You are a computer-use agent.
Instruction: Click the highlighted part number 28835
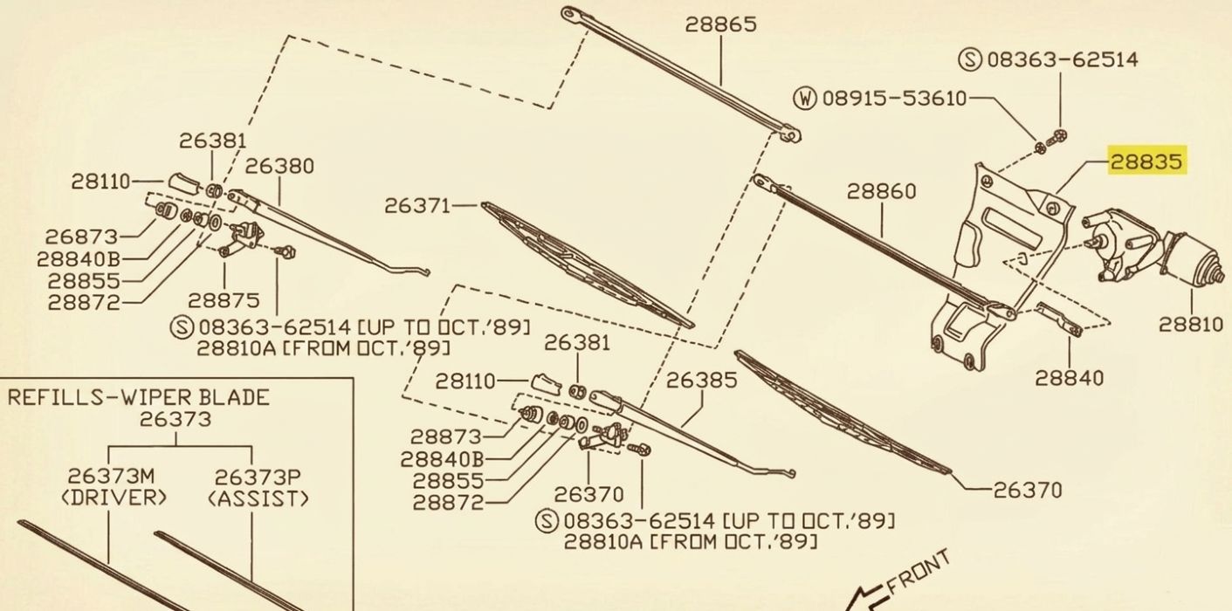point(1146,161)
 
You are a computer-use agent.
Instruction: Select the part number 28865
point(720,24)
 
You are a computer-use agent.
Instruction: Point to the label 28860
point(882,191)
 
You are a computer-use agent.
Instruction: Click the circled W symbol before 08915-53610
point(805,99)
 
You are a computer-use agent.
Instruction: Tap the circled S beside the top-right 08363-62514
point(970,59)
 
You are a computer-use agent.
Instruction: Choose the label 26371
point(417,206)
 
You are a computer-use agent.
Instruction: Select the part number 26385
point(701,380)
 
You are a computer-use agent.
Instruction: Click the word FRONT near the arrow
point(918,572)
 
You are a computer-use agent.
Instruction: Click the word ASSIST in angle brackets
point(258,498)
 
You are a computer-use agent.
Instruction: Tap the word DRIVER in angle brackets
point(114,498)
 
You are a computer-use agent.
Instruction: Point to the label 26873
point(81,237)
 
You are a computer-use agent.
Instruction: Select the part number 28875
point(224,300)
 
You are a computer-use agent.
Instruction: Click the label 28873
point(446,436)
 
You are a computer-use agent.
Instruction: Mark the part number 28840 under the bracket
point(1070,378)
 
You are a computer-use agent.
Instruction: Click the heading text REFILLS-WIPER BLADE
point(138,397)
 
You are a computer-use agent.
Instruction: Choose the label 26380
point(279,166)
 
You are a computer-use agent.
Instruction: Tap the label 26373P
point(258,477)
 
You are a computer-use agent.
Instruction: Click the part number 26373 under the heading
point(175,420)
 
